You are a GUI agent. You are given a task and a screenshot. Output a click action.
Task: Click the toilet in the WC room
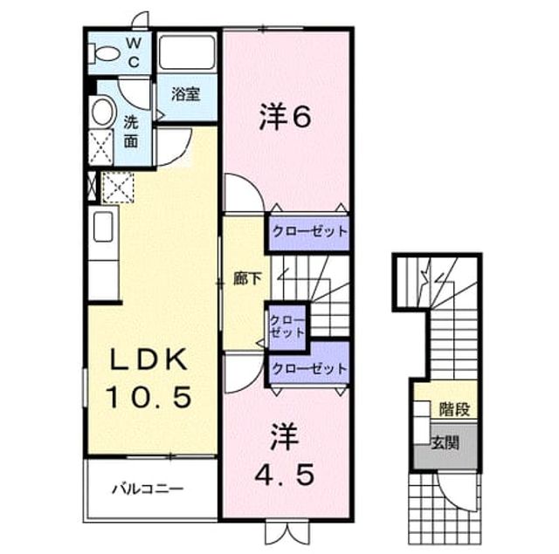click(103, 54)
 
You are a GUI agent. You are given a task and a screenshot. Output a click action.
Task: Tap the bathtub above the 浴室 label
click(187, 53)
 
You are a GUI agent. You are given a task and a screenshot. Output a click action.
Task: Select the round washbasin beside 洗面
click(103, 112)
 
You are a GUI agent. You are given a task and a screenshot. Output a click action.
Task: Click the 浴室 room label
click(186, 94)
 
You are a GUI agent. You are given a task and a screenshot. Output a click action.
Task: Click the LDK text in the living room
click(148, 359)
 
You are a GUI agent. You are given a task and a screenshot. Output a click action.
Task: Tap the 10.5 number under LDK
click(148, 397)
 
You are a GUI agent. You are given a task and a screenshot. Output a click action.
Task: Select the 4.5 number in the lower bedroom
click(285, 475)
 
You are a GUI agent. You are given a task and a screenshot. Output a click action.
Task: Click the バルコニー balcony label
click(148, 489)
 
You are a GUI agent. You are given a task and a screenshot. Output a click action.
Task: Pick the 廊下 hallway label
click(248, 278)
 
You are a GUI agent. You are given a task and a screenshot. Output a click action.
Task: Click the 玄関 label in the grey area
click(445, 442)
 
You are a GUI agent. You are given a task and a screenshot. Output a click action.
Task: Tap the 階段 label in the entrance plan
click(454, 408)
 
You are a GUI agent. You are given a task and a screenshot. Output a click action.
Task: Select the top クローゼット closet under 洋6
click(309, 232)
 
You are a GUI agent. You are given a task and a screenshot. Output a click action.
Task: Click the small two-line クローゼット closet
click(287, 326)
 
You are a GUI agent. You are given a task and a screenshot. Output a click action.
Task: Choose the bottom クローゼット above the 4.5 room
click(309, 368)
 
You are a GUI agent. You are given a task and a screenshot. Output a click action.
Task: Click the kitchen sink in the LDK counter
click(103, 227)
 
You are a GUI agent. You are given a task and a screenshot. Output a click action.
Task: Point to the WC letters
click(134, 52)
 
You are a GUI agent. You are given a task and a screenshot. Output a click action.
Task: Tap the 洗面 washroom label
click(131, 132)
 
